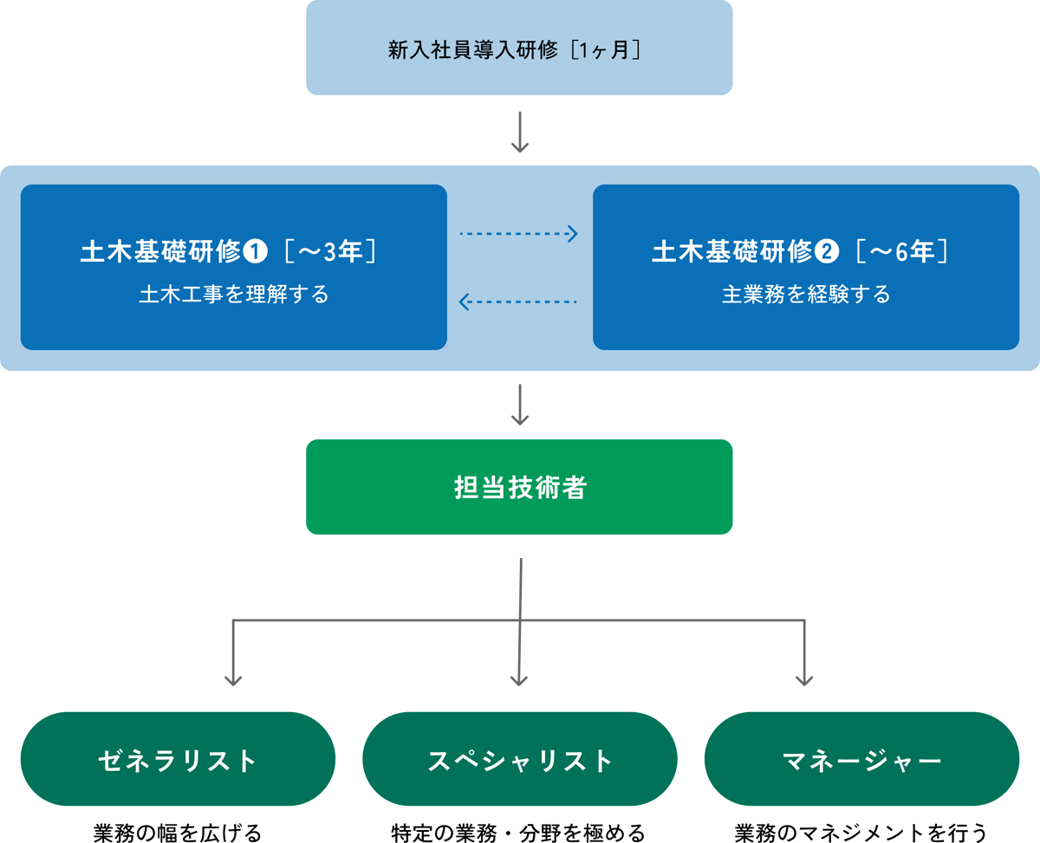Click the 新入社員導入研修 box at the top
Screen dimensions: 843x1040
(519, 48)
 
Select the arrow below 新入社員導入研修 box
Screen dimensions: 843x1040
(519, 132)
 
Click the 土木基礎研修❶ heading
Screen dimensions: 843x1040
(160, 252)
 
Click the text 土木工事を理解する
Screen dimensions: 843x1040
(234, 295)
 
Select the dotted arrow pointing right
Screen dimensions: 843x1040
(518, 234)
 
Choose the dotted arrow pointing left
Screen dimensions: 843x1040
(518, 302)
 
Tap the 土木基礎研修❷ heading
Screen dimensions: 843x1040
(732, 252)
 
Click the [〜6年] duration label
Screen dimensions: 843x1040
(902, 252)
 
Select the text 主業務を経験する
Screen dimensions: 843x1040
(806, 295)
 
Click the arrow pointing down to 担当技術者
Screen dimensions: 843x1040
(519, 405)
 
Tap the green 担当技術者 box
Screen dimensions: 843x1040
(519, 487)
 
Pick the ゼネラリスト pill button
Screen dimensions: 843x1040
(178, 760)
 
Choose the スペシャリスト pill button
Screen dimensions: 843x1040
(519, 760)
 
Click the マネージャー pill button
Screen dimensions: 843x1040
(861, 760)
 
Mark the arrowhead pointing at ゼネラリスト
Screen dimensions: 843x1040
(232, 680)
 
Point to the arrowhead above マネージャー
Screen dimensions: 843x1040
(805, 680)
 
